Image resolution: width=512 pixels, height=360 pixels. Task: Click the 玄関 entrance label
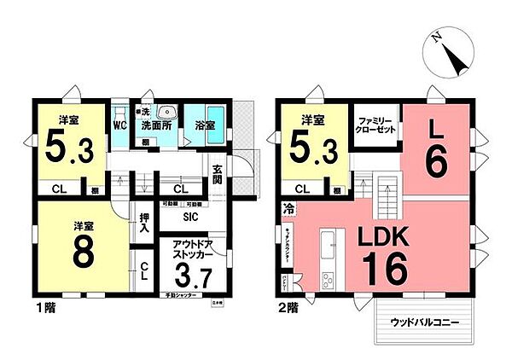(x=218, y=174)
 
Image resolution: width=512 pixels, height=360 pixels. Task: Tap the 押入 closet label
(x=144, y=224)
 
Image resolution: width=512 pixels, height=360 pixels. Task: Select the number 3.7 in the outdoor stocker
(x=192, y=276)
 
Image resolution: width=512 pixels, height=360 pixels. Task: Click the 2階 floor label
(x=285, y=305)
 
